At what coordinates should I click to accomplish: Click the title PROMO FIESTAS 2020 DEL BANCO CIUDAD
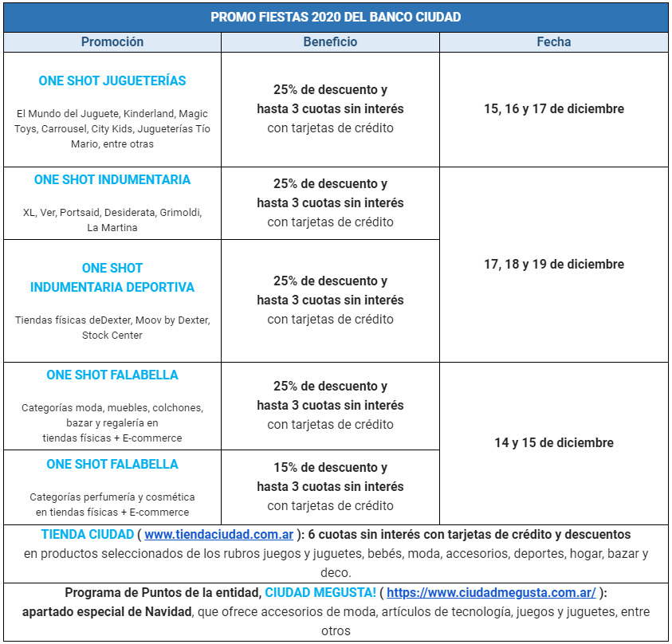(x=336, y=17)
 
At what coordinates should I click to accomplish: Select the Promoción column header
(x=112, y=42)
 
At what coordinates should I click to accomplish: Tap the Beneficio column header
(x=330, y=42)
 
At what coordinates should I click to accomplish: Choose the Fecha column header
(x=553, y=42)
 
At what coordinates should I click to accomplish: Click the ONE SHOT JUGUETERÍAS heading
(x=112, y=81)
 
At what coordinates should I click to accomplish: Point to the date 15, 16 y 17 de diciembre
(x=553, y=109)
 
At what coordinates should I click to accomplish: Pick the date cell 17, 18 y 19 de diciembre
(x=553, y=265)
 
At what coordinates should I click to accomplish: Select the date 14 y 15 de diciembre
(x=553, y=443)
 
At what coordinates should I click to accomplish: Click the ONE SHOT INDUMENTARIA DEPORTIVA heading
(x=112, y=277)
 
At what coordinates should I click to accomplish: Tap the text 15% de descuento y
(x=330, y=468)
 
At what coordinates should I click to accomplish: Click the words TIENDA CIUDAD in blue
(x=87, y=535)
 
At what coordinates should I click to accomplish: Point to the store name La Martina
(x=112, y=228)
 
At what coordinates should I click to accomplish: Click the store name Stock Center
(x=112, y=336)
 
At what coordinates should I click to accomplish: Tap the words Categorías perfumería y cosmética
(x=112, y=497)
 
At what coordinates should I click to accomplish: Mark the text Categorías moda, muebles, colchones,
(x=112, y=408)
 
